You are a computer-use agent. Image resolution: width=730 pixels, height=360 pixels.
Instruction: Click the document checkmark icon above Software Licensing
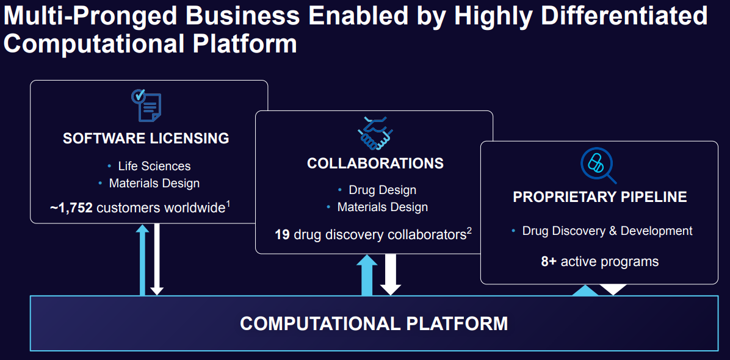146,105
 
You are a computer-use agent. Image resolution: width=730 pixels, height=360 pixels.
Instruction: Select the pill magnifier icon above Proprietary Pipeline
598,165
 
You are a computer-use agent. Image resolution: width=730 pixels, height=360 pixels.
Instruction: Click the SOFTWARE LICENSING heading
146,139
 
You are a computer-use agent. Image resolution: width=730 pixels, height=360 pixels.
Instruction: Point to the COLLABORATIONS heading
375,164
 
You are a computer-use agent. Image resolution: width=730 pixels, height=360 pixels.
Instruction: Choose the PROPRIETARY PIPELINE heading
599,196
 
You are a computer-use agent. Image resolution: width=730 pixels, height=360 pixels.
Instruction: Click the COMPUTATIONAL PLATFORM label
374,323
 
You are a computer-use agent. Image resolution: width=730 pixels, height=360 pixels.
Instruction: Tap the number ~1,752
71,207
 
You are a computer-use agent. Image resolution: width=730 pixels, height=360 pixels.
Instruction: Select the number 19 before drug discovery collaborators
282,235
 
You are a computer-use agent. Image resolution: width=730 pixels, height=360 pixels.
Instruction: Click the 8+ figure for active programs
549,261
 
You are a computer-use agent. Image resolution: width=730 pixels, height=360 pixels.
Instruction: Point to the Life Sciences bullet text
154,166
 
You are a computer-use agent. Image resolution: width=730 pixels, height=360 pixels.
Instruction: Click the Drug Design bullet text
382,190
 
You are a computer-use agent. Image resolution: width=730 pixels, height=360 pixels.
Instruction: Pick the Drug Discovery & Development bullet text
607,231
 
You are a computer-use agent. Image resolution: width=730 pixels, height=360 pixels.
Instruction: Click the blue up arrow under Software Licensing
142,260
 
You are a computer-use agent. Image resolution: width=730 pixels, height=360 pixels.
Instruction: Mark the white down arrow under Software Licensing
157,259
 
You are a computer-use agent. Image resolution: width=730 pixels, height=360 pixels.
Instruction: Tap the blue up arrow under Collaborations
367,275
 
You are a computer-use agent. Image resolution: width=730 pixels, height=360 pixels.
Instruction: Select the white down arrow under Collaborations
391,275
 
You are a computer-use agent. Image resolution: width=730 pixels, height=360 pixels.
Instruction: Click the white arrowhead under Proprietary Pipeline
613,289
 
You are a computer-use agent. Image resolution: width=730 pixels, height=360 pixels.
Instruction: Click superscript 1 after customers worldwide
228,203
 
